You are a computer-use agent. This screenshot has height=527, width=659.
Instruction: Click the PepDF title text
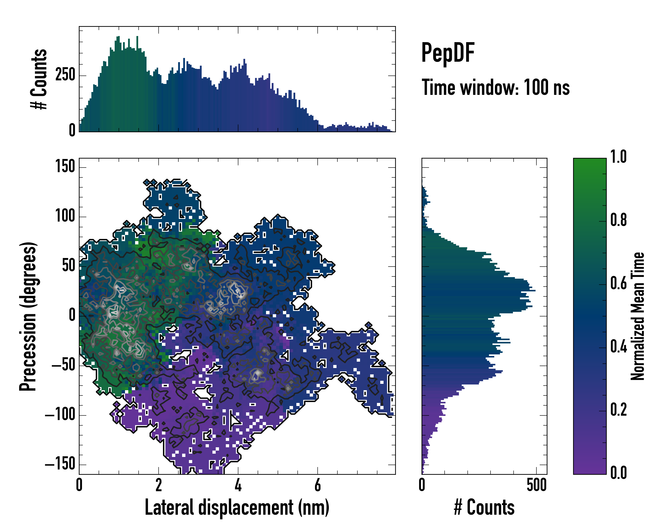pyautogui.click(x=448, y=53)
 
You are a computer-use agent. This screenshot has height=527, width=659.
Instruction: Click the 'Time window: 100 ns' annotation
pyautogui.click(x=496, y=88)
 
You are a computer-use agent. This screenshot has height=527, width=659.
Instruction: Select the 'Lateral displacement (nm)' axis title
pyautogui.click(x=237, y=507)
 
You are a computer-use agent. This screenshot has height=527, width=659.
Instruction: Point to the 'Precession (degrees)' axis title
pyautogui.click(x=28, y=316)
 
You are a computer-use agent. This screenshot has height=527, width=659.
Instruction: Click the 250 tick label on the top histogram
pyautogui.click(x=65, y=75)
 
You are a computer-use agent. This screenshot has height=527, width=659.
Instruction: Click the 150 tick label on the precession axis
pyautogui.click(x=65, y=167)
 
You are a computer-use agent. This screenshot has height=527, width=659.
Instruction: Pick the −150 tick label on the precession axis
pyautogui.click(x=60, y=465)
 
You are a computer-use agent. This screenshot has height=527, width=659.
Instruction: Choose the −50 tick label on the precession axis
pyautogui.click(x=63, y=365)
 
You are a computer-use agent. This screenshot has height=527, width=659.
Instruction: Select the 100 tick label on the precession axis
pyautogui.click(x=65, y=216)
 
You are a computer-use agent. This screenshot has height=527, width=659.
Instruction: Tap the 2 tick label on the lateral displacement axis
pyautogui.click(x=158, y=485)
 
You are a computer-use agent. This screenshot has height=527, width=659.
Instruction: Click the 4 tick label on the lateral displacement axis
pyautogui.click(x=238, y=485)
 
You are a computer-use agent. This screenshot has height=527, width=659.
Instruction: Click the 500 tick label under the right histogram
pyautogui.click(x=536, y=485)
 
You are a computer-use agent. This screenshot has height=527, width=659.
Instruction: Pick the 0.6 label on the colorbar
pyautogui.click(x=618, y=283)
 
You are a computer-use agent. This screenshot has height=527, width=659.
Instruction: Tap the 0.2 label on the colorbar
pyautogui.click(x=618, y=410)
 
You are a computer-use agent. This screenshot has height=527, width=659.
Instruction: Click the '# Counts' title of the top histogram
pyautogui.click(x=39, y=79)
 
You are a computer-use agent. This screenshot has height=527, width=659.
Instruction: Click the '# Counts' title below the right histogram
pyautogui.click(x=484, y=507)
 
